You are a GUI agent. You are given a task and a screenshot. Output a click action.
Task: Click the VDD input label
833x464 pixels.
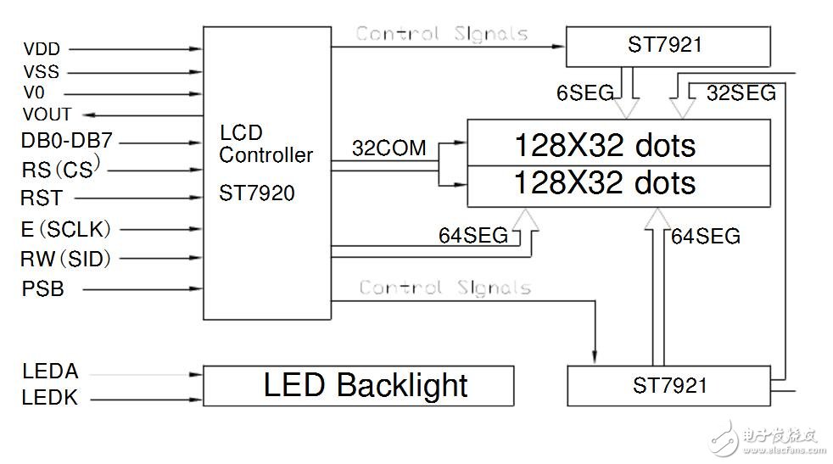tap(41, 50)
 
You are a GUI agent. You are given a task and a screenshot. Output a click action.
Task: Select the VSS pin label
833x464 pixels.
tap(41, 72)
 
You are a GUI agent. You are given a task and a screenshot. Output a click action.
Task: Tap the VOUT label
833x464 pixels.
tap(47, 114)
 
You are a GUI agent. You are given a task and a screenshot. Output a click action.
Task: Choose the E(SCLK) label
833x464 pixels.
tap(66, 229)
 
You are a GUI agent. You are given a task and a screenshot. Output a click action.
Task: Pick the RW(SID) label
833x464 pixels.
tap(66, 259)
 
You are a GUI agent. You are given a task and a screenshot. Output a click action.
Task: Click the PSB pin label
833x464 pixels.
tap(42, 289)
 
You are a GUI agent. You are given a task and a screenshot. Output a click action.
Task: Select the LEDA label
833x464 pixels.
tap(50, 372)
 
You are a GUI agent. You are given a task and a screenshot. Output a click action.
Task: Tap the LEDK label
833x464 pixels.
tap(50, 397)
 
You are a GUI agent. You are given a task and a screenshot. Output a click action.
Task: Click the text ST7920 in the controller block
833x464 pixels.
tap(257, 193)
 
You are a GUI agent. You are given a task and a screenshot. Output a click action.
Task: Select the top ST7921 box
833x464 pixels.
tap(668, 46)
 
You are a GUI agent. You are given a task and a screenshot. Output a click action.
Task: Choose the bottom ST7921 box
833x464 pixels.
tap(669, 385)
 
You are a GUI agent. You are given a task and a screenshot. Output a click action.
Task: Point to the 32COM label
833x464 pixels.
tap(389, 148)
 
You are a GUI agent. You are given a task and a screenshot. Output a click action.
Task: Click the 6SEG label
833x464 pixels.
tap(584, 93)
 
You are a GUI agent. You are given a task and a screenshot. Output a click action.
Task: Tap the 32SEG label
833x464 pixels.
tap(741, 93)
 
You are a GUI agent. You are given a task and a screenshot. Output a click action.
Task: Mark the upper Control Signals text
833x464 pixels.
tap(441, 34)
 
